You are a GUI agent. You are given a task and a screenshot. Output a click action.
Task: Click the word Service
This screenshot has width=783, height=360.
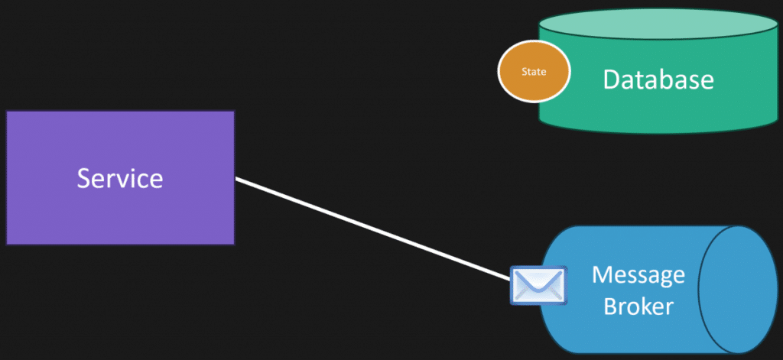(x=120, y=178)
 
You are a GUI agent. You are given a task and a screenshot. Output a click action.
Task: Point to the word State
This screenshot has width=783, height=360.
(x=534, y=72)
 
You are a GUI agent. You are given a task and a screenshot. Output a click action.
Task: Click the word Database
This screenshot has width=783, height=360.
(x=658, y=79)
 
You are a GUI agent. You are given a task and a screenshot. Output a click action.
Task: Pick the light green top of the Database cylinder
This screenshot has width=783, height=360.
(x=658, y=27)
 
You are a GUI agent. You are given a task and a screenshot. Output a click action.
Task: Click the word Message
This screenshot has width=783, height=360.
(x=638, y=275)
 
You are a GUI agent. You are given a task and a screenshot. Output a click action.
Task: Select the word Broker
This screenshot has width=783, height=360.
(x=638, y=306)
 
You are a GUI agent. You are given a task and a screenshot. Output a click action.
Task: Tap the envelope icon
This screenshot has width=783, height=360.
(x=538, y=285)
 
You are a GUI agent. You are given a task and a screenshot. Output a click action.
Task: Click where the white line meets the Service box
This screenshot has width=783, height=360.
(x=236, y=179)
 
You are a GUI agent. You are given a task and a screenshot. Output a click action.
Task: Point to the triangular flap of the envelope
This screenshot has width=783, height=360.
(x=538, y=280)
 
